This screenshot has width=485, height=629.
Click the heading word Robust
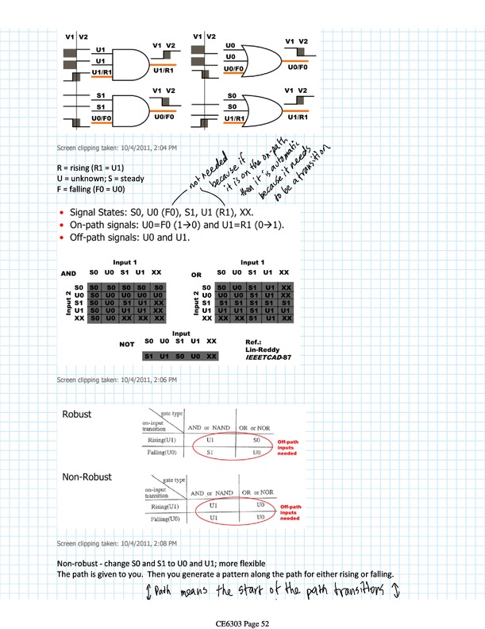click(80, 414)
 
